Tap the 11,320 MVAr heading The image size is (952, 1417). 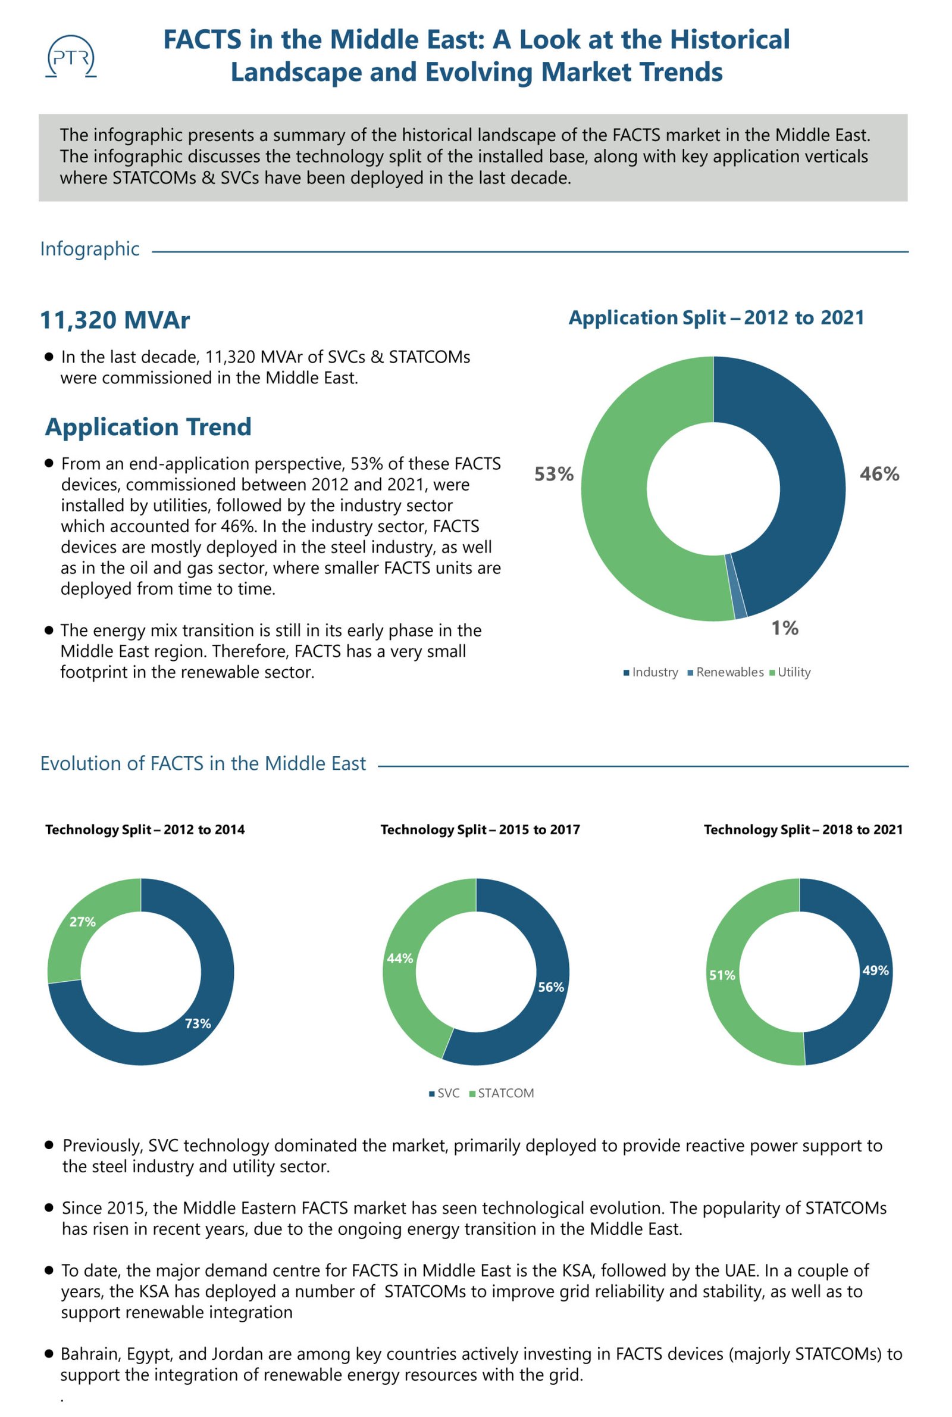pyautogui.click(x=115, y=320)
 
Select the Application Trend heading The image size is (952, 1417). pyautogui.click(x=148, y=427)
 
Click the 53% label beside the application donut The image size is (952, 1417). pyautogui.click(x=554, y=474)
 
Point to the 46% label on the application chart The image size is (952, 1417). pyautogui.click(x=879, y=474)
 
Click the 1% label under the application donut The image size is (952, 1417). pyautogui.click(x=784, y=628)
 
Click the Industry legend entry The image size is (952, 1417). pyautogui.click(x=651, y=672)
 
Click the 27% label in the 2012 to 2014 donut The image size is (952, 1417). pyautogui.click(x=83, y=922)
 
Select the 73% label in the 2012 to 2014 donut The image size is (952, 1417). pyautogui.click(x=198, y=1023)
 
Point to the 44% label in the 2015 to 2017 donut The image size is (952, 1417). pyautogui.click(x=400, y=959)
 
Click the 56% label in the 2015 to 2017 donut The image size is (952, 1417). pyautogui.click(x=552, y=987)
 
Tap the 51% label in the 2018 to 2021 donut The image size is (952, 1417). pyautogui.click(x=722, y=975)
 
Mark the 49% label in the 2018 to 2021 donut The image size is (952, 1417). pyautogui.click(x=875, y=970)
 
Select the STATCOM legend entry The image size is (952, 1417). pyautogui.click(x=502, y=1093)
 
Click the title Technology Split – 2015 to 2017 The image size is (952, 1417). pyautogui.click(x=480, y=830)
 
